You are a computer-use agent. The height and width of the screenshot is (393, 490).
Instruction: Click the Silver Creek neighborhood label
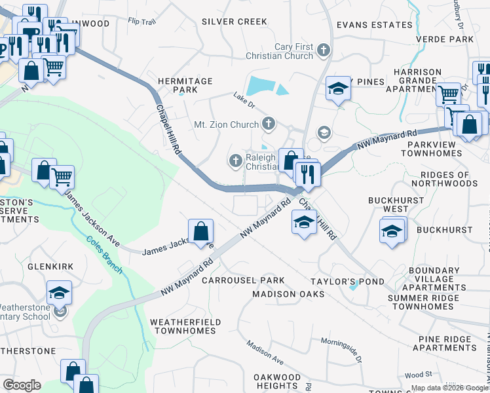[x=235, y=22]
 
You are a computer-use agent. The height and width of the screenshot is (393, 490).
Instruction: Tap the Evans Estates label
[x=374, y=25]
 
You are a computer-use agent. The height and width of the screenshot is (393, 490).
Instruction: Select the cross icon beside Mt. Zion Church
[x=269, y=123]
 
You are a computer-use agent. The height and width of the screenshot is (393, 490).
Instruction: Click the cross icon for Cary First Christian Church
[x=322, y=50]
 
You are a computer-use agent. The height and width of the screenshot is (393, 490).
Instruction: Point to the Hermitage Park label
[x=186, y=85]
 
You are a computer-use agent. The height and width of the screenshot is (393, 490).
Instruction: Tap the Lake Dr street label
[x=243, y=97]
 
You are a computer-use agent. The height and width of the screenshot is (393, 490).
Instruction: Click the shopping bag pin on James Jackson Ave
[x=200, y=233]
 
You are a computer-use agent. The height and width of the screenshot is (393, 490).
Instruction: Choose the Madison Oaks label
[x=288, y=294]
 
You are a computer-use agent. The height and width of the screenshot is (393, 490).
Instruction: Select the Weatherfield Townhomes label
[x=185, y=326]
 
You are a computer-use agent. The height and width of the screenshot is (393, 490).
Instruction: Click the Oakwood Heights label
[x=277, y=381]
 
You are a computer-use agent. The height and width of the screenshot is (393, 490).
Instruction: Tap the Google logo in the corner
[x=22, y=384]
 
